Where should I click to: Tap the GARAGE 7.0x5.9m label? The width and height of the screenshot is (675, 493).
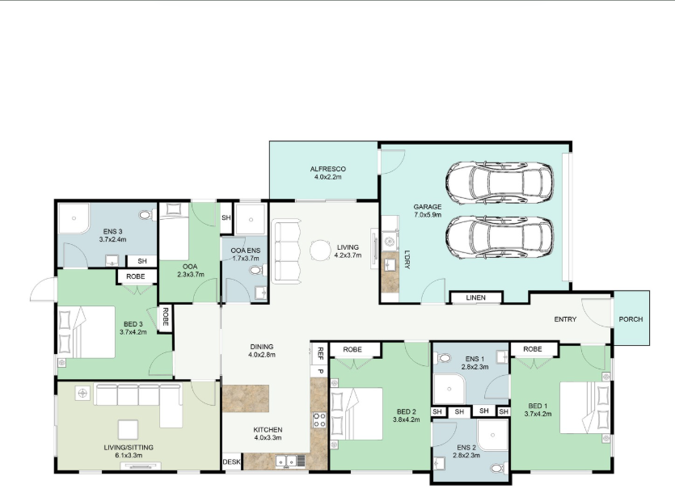point(428,211)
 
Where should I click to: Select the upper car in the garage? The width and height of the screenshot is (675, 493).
point(500,182)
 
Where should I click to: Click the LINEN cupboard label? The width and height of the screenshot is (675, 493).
point(475,297)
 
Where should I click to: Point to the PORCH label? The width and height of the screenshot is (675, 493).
point(631,319)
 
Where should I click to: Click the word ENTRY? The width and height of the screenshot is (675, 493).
point(565,319)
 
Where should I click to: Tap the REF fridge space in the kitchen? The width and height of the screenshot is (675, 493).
point(320,353)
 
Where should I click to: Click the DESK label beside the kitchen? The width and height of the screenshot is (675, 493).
point(231,462)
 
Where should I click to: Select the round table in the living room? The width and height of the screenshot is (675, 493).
point(321,251)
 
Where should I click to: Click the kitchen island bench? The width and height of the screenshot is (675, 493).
point(246,398)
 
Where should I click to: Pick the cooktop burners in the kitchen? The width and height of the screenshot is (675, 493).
point(319,419)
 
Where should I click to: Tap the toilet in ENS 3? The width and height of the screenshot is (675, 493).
point(147,214)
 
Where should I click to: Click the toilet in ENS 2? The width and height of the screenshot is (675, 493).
point(499,468)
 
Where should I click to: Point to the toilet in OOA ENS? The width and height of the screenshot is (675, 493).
point(258,271)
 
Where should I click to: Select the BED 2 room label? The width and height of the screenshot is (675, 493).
point(407,415)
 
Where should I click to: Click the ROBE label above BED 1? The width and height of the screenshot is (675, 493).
point(533,349)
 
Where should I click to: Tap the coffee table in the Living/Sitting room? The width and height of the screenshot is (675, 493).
point(129,430)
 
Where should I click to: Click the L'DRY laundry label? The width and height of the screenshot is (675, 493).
point(407,259)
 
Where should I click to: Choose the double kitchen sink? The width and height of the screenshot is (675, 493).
point(287,461)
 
